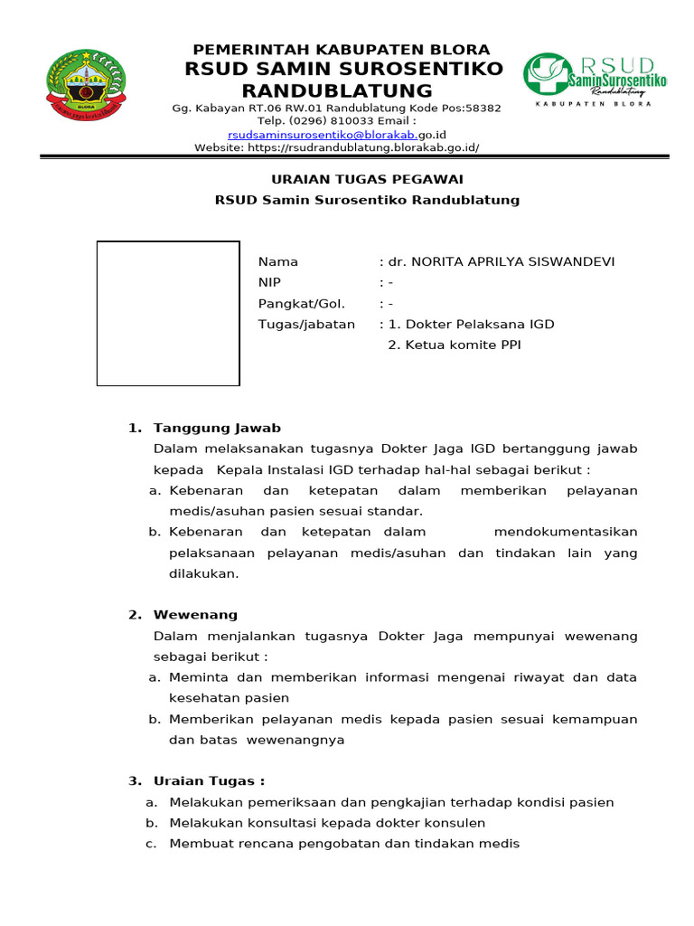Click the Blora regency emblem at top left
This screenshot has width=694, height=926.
coord(87,87)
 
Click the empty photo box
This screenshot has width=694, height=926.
coord(168,314)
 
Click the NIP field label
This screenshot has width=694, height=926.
coord(269,283)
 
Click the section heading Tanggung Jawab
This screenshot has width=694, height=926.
coord(217,429)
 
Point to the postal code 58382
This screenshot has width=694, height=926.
coord(483,109)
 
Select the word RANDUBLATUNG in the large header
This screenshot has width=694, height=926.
coord(337,91)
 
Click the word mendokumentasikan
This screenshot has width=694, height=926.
coord(566,533)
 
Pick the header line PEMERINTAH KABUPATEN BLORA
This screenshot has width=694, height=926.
coord(342,50)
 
